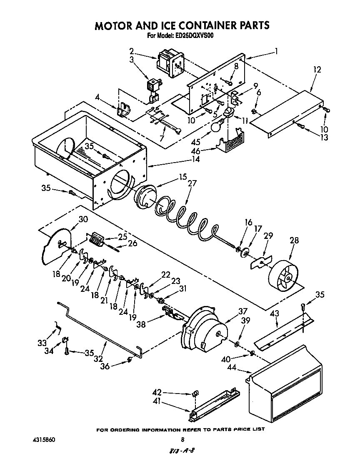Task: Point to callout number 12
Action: coord(317,70)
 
